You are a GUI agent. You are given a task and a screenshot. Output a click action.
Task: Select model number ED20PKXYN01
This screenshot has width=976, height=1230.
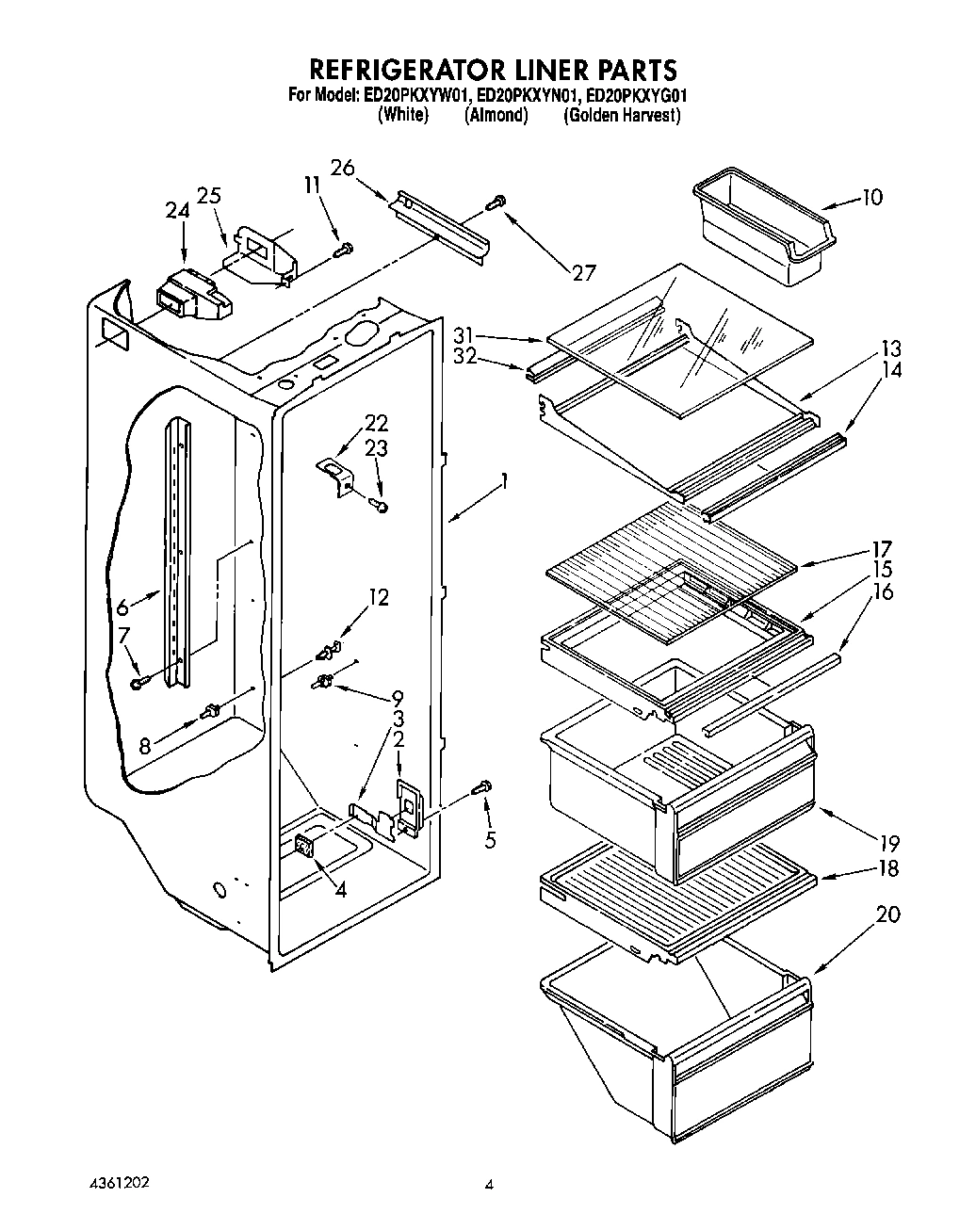coord(528,95)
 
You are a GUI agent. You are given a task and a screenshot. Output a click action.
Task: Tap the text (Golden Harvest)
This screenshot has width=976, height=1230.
coord(622,116)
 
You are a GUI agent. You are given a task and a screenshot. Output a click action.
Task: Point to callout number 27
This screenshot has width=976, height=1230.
coord(583,273)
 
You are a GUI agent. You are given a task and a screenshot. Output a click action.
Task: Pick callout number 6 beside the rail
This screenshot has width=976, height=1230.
coord(123,607)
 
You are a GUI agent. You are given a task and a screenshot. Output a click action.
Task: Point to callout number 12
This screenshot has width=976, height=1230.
coord(378,597)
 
